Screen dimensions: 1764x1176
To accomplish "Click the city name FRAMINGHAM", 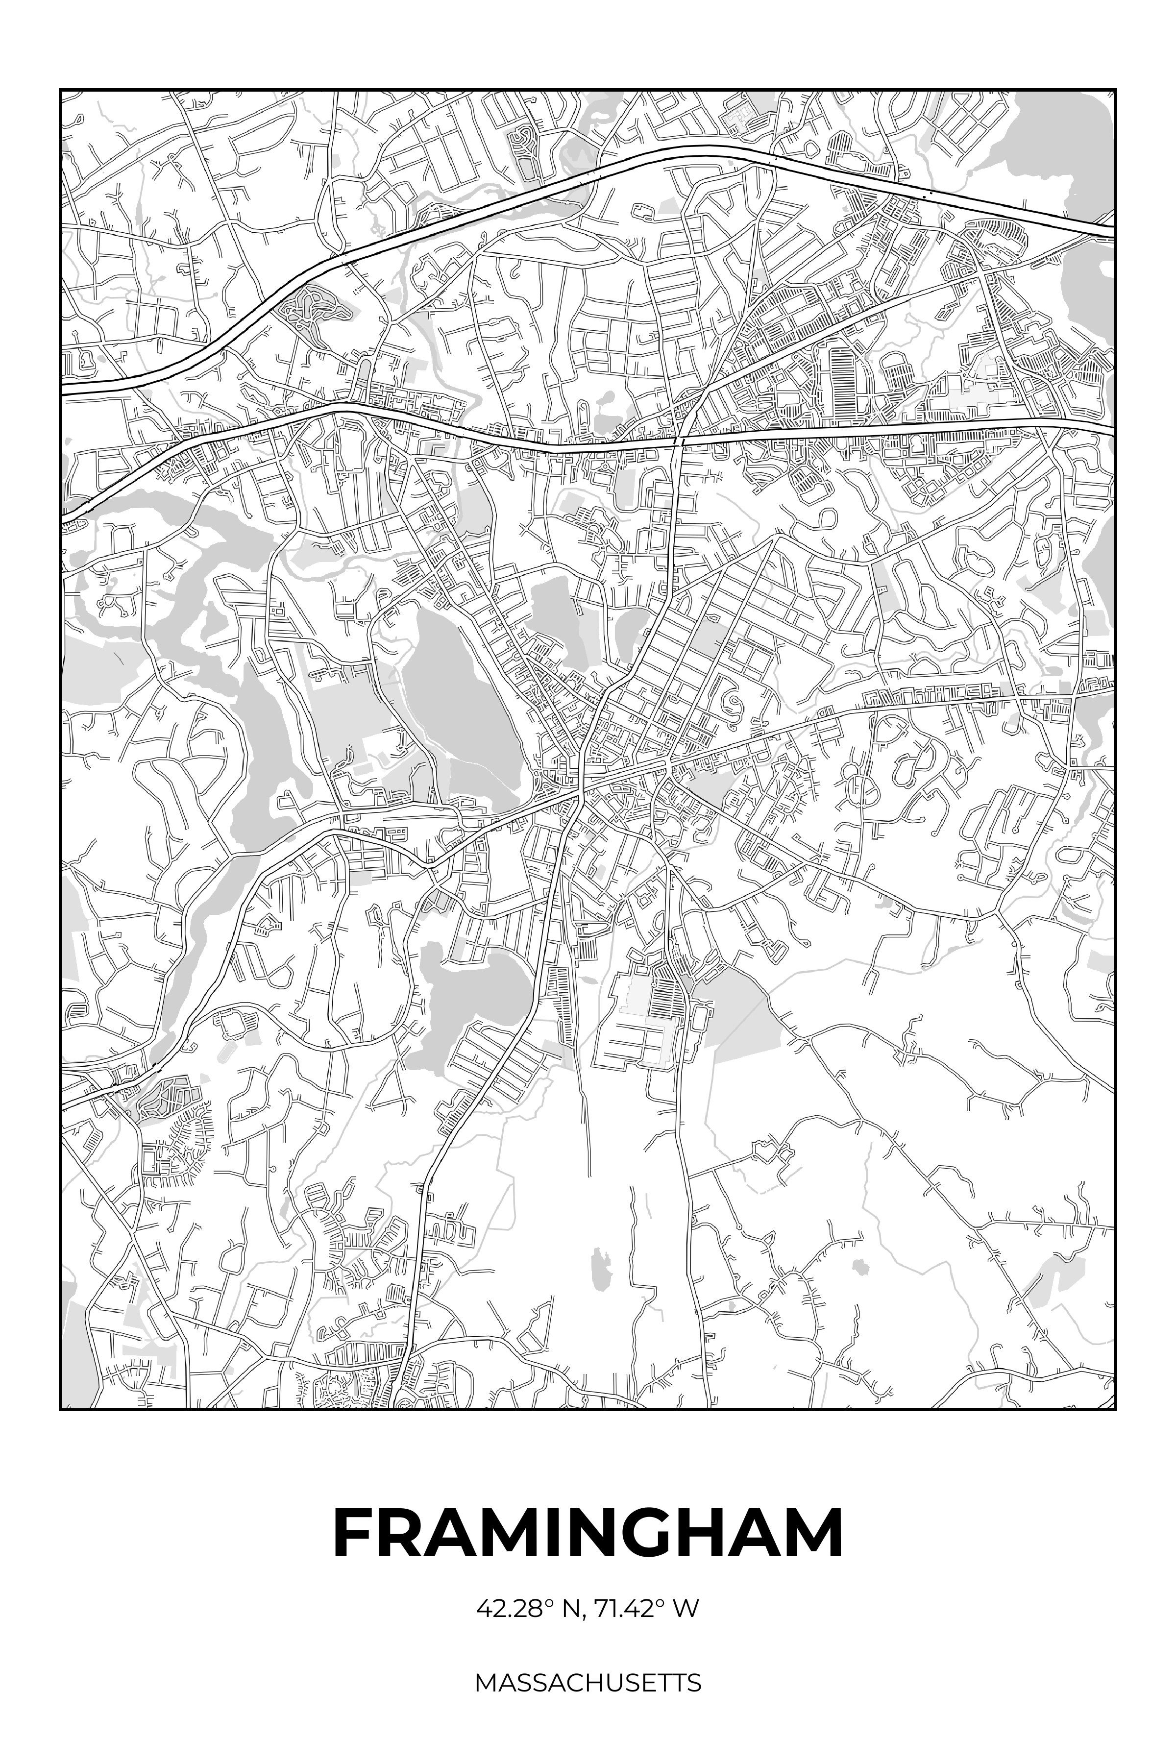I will [x=588, y=1533].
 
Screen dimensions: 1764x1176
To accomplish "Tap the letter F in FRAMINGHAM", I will [x=354, y=1533].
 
